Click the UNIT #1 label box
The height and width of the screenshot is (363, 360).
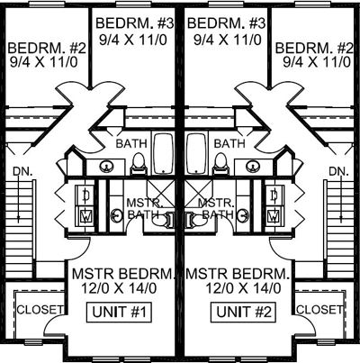click(x=119, y=312)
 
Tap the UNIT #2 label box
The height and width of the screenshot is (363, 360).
click(x=244, y=312)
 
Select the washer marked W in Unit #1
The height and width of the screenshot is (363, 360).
click(x=85, y=215)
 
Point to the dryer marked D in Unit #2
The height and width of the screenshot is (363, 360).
click(x=274, y=195)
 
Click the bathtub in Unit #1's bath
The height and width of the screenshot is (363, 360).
click(x=163, y=154)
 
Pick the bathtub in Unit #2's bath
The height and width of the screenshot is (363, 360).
click(x=196, y=154)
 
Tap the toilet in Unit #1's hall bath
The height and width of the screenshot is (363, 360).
click(x=139, y=164)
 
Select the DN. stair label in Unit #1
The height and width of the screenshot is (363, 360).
click(x=22, y=172)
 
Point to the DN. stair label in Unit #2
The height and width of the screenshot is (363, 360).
click(x=339, y=172)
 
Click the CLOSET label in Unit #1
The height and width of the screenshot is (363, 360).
click(x=40, y=310)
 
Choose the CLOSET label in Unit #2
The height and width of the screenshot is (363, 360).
click(x=319, y=310)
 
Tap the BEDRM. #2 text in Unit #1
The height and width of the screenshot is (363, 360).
click(x=47, y=48)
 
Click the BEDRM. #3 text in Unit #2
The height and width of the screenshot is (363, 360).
click(x=227, y=23)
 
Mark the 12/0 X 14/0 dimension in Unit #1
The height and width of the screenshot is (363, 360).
click(x=119, y=288)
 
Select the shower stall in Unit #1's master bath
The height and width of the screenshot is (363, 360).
click(x=160, y=194)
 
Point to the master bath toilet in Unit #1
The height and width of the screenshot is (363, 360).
click(x=162, y=221)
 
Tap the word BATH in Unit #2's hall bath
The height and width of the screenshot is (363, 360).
click(x=229, y=144)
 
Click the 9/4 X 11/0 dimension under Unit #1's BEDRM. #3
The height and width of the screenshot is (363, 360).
click(x=132, y=40)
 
